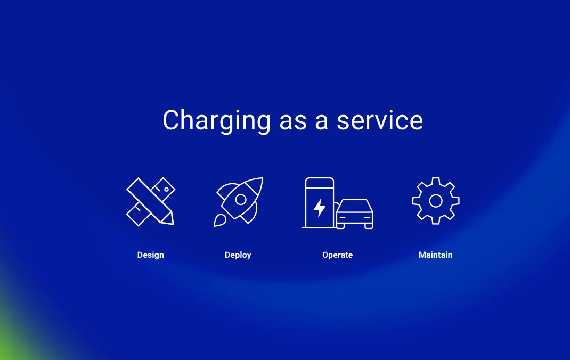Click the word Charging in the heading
point(216,121)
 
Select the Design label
point(151,255)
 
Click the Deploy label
point(238,255)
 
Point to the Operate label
point(337,255)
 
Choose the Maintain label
point(435,255)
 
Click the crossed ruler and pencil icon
point(150,201)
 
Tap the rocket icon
point(239,201)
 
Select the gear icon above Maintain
point(436,201)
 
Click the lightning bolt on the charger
point(320,208)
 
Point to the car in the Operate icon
point(355,214)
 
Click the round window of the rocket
point(241,199)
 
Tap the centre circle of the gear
point(436,201)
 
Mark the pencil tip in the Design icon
point(169,220)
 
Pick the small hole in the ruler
point(166,189)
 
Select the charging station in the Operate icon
point(319,203)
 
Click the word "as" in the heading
point(292,121)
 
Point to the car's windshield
point(355,206)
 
